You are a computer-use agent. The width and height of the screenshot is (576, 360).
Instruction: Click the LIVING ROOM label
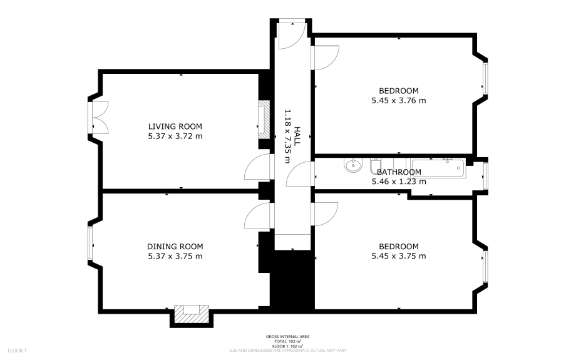point(175,126)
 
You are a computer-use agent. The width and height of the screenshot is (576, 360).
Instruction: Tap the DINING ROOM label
point(175,246)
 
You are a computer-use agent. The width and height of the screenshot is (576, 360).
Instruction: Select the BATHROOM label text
point(399,172)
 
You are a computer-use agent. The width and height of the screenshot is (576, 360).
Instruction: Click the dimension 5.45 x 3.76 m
point(399,100)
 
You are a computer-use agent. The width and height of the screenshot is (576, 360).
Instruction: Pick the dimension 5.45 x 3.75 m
point(399,256)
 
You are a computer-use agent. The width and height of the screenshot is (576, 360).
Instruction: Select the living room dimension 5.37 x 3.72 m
point(175,136)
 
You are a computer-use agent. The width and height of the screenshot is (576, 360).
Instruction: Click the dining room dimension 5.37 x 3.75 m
point(175,256)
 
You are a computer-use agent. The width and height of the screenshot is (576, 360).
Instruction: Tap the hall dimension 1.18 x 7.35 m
point(288,136)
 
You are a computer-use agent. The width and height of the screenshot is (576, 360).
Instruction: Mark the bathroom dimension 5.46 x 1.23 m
point(399,182)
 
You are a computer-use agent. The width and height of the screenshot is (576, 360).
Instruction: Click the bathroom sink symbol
point(353,166)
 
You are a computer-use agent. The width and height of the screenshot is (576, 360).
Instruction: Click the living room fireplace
point(264,120)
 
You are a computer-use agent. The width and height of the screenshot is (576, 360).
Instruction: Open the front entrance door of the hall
point(291,34)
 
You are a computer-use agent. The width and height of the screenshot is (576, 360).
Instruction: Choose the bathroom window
point(485,175)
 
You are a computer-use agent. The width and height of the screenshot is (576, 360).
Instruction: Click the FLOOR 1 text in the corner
point(17,350)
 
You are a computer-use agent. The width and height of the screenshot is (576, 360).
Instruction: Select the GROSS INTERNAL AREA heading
point(287,337)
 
